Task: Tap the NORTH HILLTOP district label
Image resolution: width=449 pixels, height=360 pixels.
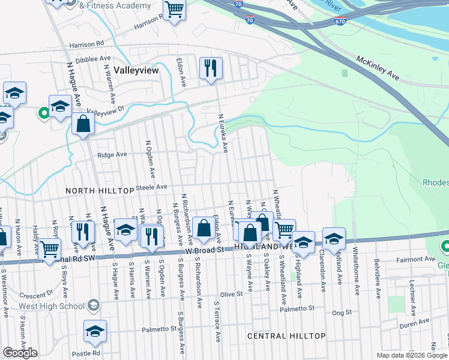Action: click(x=100, y=190)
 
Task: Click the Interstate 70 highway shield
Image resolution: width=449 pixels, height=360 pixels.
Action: click(x=250, y=20)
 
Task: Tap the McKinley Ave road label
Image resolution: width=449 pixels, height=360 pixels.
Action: click(x=378, y=68)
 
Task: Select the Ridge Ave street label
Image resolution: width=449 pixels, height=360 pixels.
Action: click(x=112, y=154)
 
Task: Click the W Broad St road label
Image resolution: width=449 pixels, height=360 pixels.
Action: click(x=203, y=249)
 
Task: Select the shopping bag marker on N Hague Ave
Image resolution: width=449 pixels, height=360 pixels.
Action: click(x=83, y=124)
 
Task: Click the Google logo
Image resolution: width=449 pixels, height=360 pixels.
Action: click(x=20, y=353)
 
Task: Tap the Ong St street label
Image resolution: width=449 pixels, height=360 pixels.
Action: click(x=342, y=312)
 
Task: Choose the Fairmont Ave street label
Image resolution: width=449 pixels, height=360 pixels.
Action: click(x=417, y=259)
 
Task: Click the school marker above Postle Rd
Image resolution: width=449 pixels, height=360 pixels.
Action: click(x=95, y=331)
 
